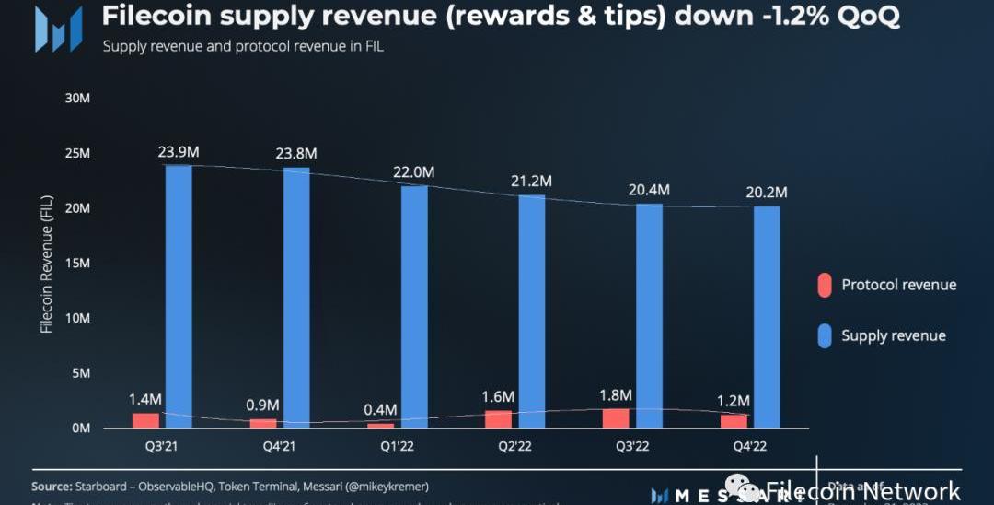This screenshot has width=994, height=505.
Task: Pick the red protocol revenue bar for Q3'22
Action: click(x=616, y=418)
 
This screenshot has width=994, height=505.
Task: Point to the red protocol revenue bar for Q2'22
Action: click(x=498, y=419)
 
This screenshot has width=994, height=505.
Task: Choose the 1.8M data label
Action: click(x=616, y=395)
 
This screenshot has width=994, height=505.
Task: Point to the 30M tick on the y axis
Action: click(x=77, y=98)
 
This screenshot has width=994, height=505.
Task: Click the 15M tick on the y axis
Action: click(x=77, y=263)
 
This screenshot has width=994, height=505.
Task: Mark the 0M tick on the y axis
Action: click(x=80, y=429)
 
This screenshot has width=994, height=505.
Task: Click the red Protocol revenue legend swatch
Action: click(x=825, y=285)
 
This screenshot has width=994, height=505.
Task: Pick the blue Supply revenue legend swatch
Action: click(x=825, y=335)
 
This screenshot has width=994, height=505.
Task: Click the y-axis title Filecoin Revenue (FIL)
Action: click(x=47, y=264)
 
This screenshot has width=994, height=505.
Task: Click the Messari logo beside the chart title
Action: click(x=57, y=29)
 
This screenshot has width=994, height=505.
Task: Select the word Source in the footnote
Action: click(x=52, y=486)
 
